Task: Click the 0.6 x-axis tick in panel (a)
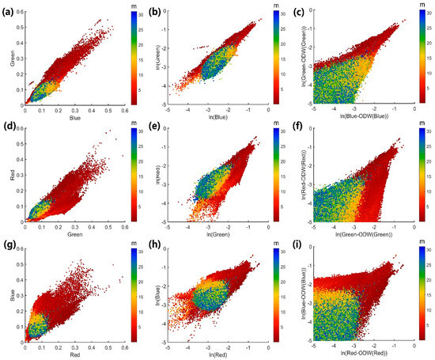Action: pyautogui.click(x=125, y=113)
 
